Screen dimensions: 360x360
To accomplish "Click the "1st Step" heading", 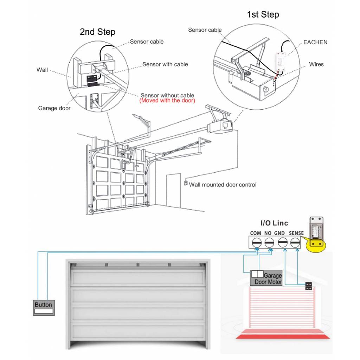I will tap(263, 15).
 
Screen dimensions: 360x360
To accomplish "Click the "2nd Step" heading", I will tap(97, 32).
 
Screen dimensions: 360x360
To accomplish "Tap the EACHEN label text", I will tap(315, 42).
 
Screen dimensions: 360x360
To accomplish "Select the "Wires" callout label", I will tap(316, 64).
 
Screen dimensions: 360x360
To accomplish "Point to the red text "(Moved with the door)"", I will tap(167, 101).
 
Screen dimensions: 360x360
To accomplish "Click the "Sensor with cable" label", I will tap(165, 64).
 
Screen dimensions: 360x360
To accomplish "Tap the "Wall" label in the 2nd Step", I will tap(42, 70).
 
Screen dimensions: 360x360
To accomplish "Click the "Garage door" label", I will tap(54, 108).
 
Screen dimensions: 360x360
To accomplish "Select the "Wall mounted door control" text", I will tap(223, 185).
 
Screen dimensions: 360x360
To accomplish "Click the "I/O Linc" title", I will tap(274, 223).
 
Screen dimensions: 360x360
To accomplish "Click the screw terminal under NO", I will tap(269, 242).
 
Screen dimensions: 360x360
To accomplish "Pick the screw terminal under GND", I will tap(282, 242).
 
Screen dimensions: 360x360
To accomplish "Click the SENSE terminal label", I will tap(296, 233).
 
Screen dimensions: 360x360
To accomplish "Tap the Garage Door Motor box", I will tap(266, 278).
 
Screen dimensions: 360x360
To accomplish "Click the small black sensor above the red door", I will tap(309, 286).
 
